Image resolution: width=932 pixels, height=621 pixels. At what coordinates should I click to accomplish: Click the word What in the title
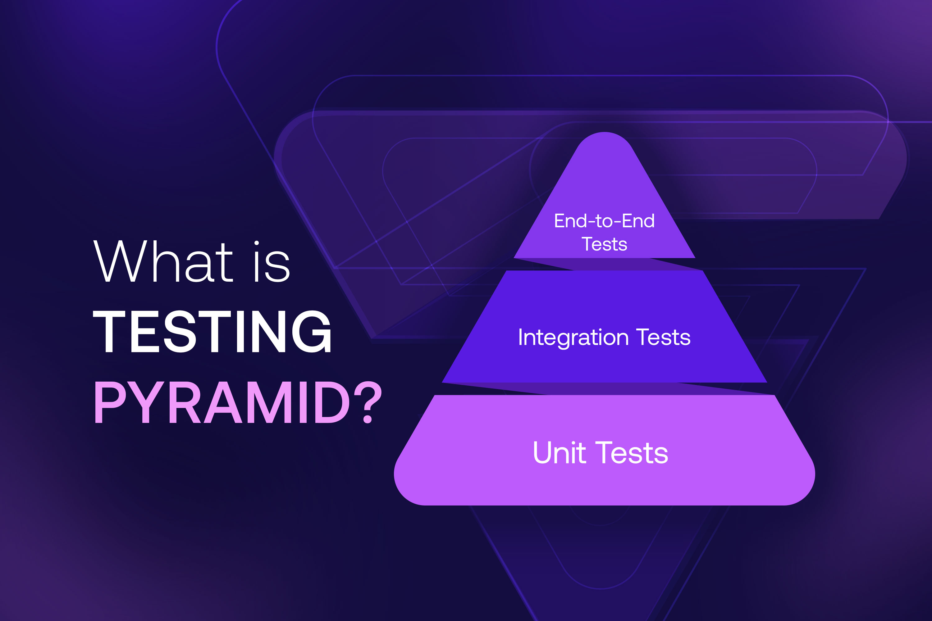[163, 262]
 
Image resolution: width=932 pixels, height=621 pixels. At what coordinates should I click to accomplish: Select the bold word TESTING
[212, 332]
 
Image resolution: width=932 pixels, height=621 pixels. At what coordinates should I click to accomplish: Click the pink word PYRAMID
[222, 402]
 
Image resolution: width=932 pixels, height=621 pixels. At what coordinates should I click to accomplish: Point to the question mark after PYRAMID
[368, 402]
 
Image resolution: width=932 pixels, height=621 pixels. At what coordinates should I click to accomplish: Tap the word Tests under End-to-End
[604, 244]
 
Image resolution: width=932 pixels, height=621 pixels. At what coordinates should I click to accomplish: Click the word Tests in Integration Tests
[663, 338]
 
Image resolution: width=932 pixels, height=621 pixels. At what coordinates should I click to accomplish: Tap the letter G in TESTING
[312, 332]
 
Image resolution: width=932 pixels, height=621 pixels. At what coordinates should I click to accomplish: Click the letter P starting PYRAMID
[110, 402]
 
